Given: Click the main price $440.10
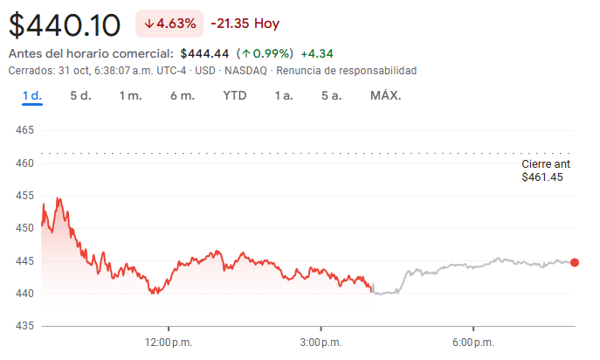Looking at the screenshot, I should click(x=66, y=24).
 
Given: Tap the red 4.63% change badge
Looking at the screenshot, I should click(x=169, y=24).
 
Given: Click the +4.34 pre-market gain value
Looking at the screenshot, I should click(x=317, y=54).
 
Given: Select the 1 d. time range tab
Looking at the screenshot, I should click(x=32, y=95).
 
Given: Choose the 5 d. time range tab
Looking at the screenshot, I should click(x=80, y=95).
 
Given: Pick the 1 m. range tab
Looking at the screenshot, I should click(x=130, y=95).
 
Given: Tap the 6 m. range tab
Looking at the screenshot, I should click(x=182, y=95).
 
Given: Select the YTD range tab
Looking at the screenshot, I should click(x=234, y=95).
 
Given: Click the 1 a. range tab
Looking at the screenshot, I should click(x=283, y=95).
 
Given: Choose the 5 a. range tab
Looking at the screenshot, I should click(x=330, y=95).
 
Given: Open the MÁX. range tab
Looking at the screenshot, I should click(x=385, y=95).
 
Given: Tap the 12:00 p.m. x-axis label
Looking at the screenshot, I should click(x=169, y=341).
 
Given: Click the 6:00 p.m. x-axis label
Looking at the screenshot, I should click(x=472, y=341).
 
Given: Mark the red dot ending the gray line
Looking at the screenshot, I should click(x=575, y=262).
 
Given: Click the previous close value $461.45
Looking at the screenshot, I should click(x=542, y=177).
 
